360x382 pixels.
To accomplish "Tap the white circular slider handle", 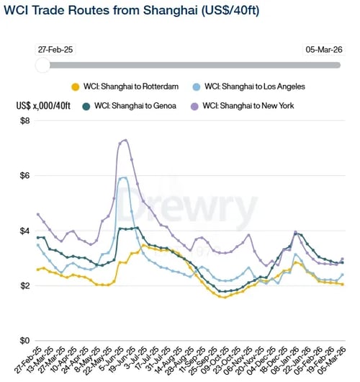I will pos(43,65).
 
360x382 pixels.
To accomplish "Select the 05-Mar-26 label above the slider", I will pos(322,50).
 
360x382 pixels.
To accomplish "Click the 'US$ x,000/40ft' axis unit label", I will pos(43,106).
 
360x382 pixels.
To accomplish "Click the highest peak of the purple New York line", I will pos(125,140).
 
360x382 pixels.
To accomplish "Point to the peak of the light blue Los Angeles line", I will pos(124,177).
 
